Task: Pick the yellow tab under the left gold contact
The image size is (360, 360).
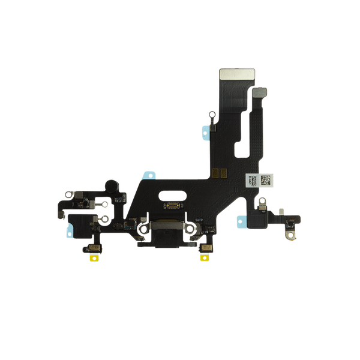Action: click(x=94, y=259)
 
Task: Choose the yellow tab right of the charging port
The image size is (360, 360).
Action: click(x=205, y=259)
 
